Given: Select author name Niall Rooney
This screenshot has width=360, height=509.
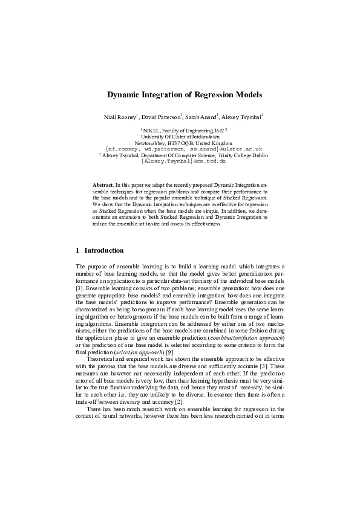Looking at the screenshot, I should [x=120, y=115].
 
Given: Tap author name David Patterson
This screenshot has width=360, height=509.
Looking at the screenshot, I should [x=163, y=115].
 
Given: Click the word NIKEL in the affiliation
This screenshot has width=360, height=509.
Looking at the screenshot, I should [x=152, y=131].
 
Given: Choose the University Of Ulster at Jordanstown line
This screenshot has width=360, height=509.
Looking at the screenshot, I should [x=180, y=137].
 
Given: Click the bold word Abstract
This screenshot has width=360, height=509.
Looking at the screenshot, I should [x=103, y=183].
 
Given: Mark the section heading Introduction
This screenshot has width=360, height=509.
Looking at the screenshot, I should [x=104, y=250].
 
